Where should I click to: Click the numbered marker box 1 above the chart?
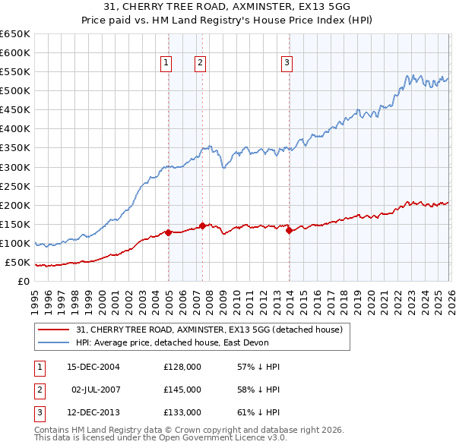click(x=166, y=63)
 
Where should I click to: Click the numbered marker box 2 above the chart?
click(x=200, y=63)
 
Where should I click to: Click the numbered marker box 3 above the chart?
click(x=287, y=63)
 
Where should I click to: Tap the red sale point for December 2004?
click(x=168, y=232)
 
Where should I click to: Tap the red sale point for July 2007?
click(x=202, y=226)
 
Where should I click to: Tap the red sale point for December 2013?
click(x=290, y=231)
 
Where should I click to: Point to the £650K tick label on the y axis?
click(x=15, y=34)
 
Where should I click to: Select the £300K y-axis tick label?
click(x=15, y=167)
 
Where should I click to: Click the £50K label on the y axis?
click(x=17, y=263)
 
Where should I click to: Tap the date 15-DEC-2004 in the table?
click(x=93, y=367)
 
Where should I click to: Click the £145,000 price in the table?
click(x=182, y=390)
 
